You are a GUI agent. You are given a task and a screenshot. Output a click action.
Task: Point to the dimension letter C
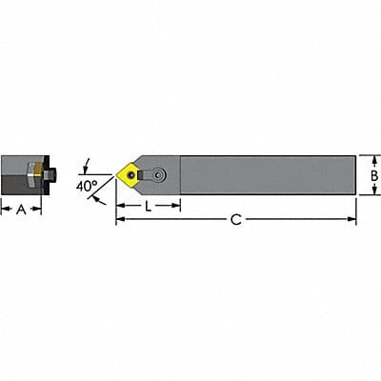[x=236, y=220]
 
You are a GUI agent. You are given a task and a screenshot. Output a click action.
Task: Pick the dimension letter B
[x=373, y=175]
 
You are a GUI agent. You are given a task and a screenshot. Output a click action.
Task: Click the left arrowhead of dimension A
[x=4, y=208]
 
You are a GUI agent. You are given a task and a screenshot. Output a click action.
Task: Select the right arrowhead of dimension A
[x=39, y=208]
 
